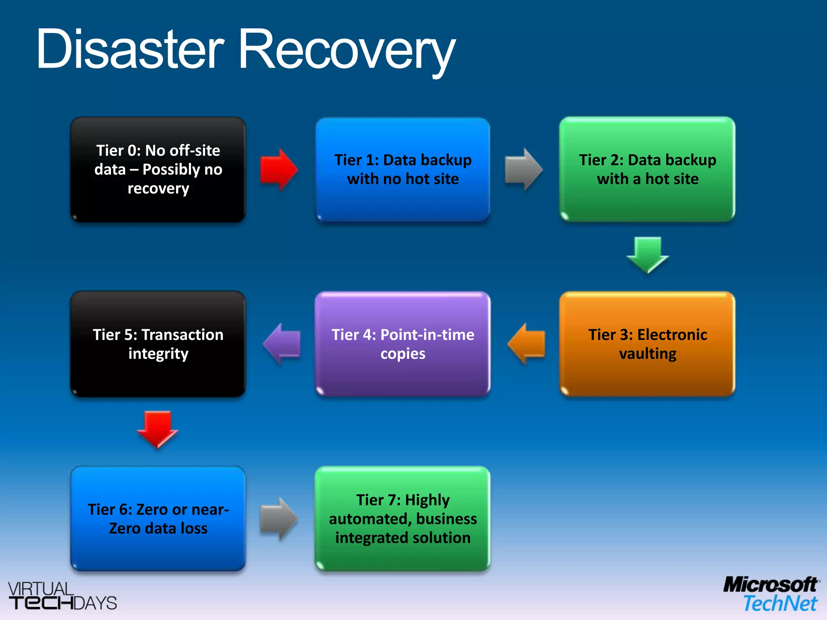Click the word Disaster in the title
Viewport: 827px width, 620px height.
tap(130, 49)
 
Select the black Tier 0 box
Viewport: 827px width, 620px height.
tap(158, 170)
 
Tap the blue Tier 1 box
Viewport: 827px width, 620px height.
tap(403, 170)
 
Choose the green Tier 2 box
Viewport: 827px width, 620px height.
tap(647, 170)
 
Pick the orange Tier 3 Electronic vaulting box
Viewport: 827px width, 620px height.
tap(647, 344)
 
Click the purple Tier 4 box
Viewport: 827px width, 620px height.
tap(403, 344)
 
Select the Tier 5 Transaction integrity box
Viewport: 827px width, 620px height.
tap(158, 344)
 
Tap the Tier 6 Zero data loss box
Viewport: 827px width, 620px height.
tap(158, 519)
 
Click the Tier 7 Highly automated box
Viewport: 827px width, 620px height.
tap(403, 519)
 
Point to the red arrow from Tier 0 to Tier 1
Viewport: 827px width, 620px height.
tap(279, 170)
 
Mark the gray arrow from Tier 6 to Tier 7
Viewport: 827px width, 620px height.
tap(279, 519)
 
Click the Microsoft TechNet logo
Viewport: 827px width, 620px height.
tap(771, 594)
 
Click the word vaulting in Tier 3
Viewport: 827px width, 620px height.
tap(647, 354)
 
